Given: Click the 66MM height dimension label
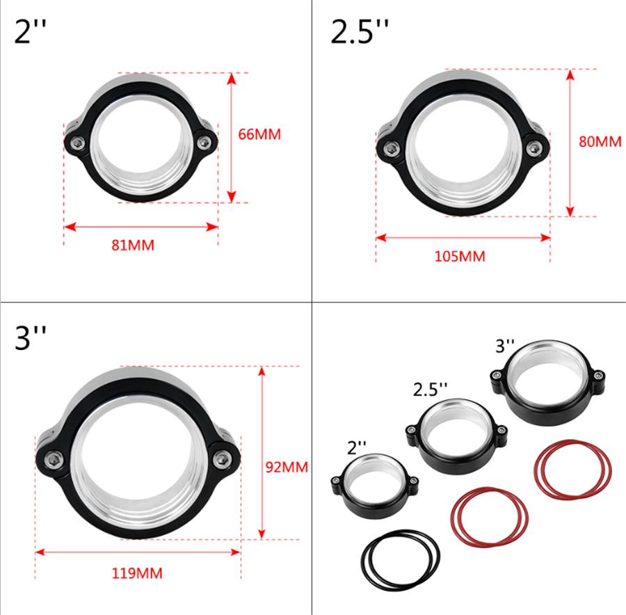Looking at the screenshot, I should click(259, 134).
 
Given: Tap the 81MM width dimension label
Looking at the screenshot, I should click(132, 245).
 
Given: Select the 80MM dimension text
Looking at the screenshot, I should click(600, 141).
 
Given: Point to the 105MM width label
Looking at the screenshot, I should click(459, 256).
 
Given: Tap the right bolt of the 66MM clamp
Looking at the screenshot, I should click(203, 143).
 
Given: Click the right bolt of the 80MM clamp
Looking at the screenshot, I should click(534, 147).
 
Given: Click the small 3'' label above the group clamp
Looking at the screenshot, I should click(506, 344).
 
